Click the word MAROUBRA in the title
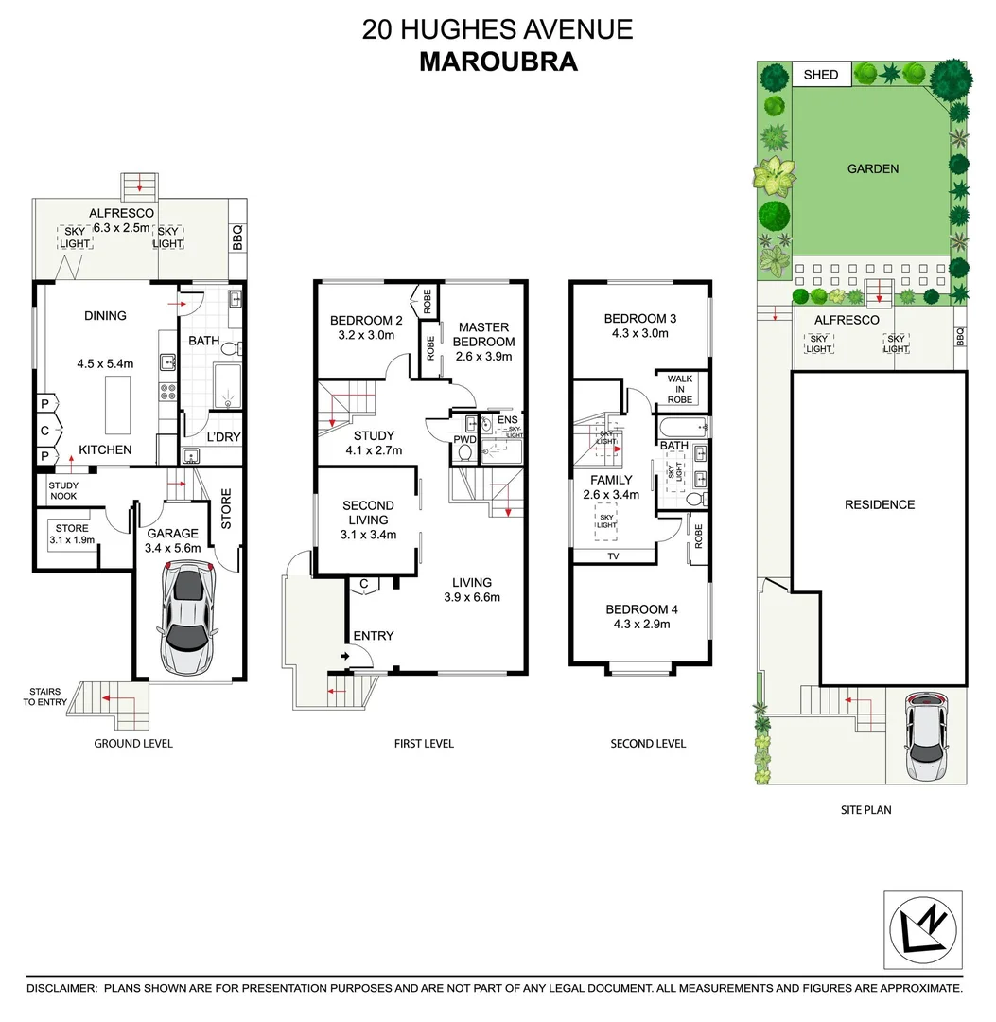[498, 62]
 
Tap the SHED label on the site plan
[820, 74]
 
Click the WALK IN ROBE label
[680, 389]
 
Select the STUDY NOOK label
[64, 490]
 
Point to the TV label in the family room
[613, 555]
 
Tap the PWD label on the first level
[464, 440]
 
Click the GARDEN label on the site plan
[872, 168]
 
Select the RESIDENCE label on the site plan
[880, 504]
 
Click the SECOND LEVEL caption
[647, 744]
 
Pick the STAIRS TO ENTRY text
[44, 696]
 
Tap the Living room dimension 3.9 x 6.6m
[471, 597]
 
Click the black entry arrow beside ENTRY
[343, 655]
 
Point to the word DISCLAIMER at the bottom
[61, 988]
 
